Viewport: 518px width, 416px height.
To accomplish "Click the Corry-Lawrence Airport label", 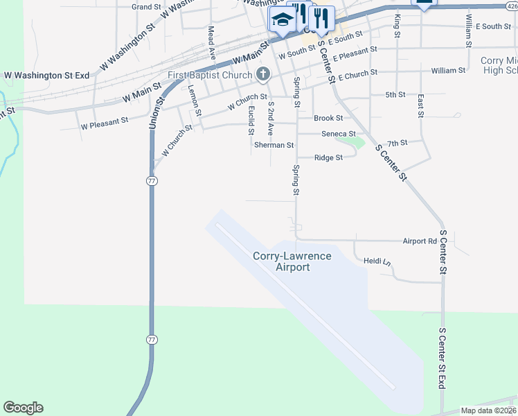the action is (x=292, y=261).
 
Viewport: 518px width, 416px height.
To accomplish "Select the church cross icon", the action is (x=262, y=73).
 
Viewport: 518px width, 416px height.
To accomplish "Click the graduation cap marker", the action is (x=281, y=20).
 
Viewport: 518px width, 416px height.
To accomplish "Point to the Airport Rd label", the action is (x=420, y=241).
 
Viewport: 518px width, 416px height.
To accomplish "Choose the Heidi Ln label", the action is (x=377, y=261).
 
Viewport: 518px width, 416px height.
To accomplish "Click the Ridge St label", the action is (x=329, y=158).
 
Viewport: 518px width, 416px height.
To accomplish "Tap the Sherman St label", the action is (x=274, y=146).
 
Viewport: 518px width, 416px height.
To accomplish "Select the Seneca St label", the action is (x=338, y=134).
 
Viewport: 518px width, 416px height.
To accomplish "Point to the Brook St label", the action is (x=328, y=119).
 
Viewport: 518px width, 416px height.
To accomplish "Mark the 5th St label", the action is (x=395, y=94).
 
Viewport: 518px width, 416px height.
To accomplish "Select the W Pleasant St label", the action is (x=105, y=123).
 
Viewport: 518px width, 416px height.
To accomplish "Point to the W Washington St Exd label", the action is (x=48, y=75).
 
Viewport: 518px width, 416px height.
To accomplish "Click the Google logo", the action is (x=23, y=408).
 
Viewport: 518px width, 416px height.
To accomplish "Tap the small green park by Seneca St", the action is (x=350, y=141).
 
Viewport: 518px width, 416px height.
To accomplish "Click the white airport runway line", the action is (x=305, y=305).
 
